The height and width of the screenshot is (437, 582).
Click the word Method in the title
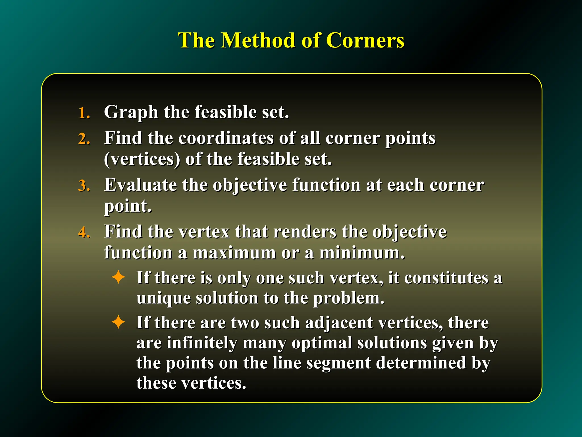pos(258,40)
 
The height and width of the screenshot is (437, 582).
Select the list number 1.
pos(84,113)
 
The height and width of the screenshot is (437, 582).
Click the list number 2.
pos(84,139)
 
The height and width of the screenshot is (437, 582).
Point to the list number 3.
pos(84,186)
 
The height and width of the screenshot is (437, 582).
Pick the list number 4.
pos(84,232)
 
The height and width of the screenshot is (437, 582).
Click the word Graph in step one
pos(131,112)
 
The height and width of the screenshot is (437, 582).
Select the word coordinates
pos(226,138)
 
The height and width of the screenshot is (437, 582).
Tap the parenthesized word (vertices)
pos(142,159)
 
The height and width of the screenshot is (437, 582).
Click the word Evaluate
pos(140,185)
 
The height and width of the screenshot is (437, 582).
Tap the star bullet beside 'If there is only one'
pos(118,277)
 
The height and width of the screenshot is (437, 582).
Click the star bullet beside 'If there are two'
pos(118,322)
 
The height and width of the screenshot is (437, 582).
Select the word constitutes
pos(446,278)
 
